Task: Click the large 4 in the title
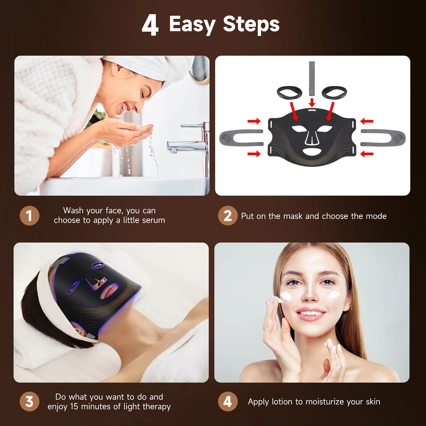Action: [150, 26]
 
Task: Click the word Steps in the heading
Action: [251, 25]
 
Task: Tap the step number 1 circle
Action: [29, 216]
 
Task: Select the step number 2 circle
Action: [228, 216]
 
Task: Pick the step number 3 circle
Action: [29, 402]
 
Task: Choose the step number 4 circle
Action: [228, 402]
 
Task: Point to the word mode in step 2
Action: [376, 216]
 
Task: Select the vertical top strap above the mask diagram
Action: [312, 77]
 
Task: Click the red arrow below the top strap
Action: [312, 102]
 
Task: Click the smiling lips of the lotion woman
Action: [310, 313]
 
